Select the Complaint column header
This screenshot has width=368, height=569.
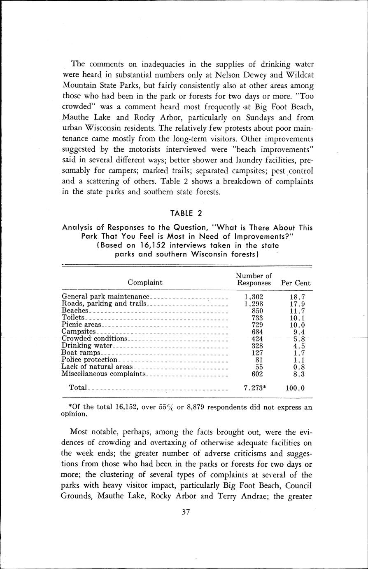[145, 283]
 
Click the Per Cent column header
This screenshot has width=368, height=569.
[296, 283]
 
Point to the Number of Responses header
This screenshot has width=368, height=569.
[254, 280]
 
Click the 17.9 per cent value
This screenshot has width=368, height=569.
[296, 304]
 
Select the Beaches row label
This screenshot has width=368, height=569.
[75, 310]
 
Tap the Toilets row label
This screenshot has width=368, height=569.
[73, 317]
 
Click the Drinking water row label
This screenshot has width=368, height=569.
[86, 346]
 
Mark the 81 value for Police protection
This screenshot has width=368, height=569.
[259, 360]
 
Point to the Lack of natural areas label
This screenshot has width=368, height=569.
[97, 367]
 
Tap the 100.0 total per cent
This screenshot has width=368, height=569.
[296, 388]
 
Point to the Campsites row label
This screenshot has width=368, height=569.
[78, 332]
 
